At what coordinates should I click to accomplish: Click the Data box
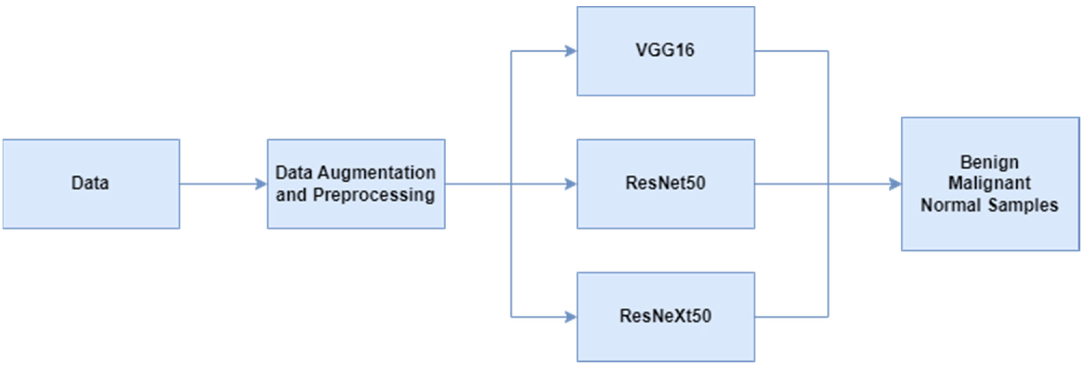91,184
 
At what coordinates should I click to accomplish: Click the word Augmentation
377,173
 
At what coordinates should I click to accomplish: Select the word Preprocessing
374,195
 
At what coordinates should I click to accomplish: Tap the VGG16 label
665,50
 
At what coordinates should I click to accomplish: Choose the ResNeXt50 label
665,316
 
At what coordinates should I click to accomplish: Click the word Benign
989,162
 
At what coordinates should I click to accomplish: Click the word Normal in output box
950,205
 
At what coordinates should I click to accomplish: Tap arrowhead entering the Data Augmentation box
261,184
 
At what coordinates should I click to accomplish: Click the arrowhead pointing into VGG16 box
571,51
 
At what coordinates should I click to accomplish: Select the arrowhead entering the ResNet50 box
571,184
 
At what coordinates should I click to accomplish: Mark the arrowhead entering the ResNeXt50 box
571,317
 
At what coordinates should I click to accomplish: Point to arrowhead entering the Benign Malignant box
895,184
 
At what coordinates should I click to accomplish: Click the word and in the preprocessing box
291,195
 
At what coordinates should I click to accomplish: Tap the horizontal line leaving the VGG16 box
790,51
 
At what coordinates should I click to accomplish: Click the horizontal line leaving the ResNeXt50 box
790,317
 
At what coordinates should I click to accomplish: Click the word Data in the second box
294,173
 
